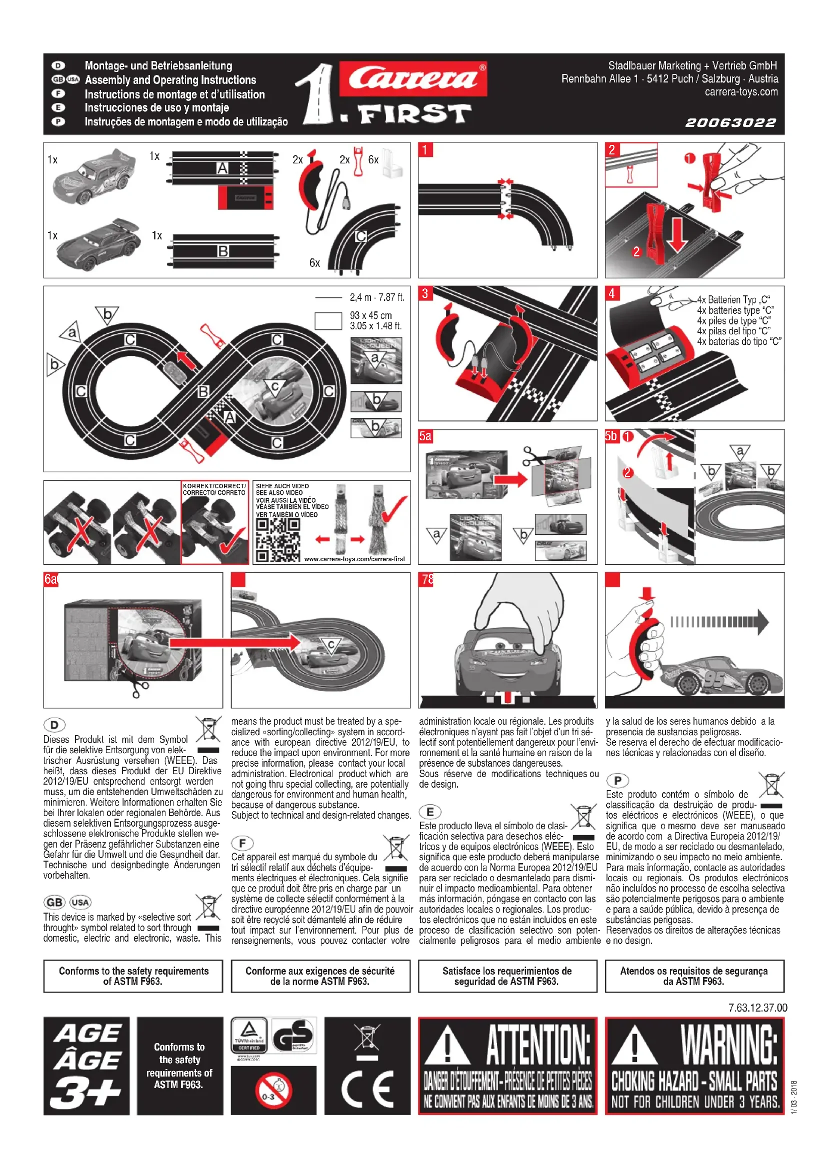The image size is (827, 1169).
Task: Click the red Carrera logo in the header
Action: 413,79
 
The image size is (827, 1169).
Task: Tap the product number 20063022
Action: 731,123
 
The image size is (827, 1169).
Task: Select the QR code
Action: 277,540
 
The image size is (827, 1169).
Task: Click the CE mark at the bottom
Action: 367,1090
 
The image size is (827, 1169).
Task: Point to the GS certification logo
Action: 293,1036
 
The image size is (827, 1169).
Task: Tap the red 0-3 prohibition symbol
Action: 273,1090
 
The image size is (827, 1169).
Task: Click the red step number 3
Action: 425,293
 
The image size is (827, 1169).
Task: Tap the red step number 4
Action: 612,293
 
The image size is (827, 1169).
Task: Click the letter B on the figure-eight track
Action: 203,391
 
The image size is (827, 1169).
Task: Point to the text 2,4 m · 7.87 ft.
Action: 377,297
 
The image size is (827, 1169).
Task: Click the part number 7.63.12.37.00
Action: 757,1008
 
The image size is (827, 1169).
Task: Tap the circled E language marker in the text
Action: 430,812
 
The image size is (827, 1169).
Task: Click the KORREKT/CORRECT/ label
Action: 214,486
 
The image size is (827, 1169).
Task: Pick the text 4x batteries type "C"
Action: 735,310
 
